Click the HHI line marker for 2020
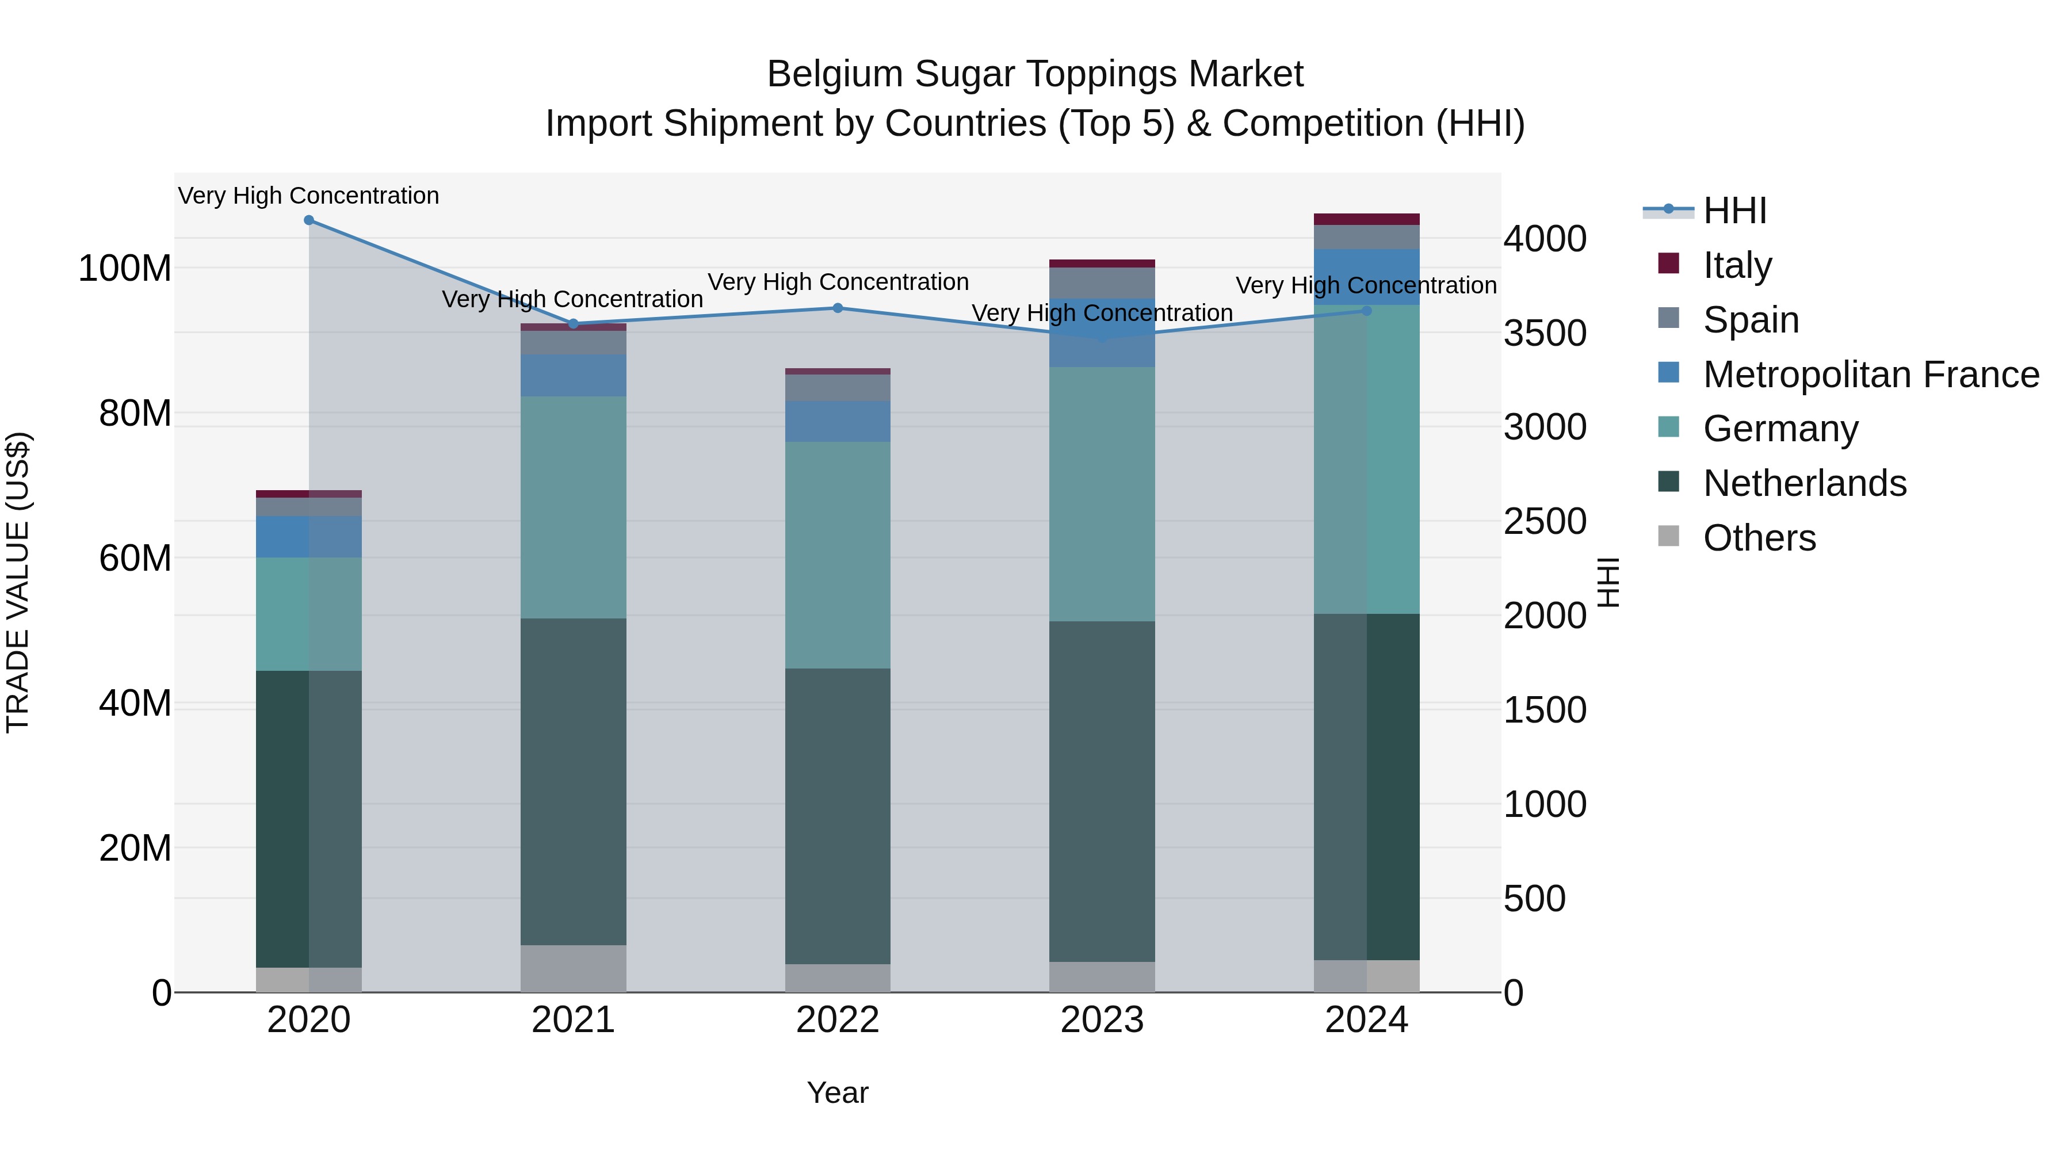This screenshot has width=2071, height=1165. click(309, 220)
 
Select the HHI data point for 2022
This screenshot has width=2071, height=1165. click(838, 308)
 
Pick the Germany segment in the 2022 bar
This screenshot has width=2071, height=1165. click(838, 555)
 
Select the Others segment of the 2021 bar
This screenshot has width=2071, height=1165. click(573, 969)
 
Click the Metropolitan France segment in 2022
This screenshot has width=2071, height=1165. click(838, 421)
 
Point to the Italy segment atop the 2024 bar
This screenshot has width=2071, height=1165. click(1367, 220)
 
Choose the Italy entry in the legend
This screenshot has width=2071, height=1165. click(1737, 265)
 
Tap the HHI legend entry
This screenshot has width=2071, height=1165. click(1734, 211)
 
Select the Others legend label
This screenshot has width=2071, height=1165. click(1759, 538)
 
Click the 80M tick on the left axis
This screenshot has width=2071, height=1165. click(135, 413)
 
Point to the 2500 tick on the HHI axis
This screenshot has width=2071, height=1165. click(1545, 522)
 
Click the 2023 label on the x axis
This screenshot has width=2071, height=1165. click(1102, 1020)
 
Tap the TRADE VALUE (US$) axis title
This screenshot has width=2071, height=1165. click(18, 582)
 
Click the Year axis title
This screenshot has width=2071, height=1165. click(838, 1093)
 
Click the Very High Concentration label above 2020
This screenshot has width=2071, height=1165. click(309, 196)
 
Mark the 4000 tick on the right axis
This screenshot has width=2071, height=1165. click(1545, 239)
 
